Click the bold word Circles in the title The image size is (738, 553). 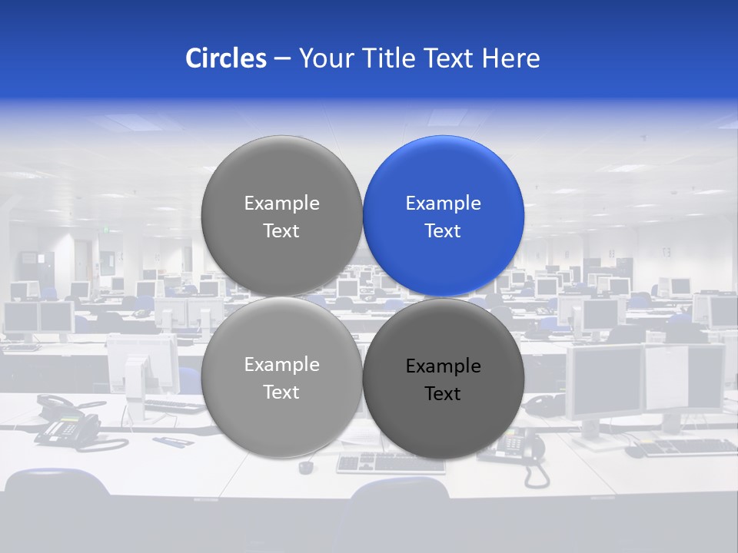point(225,58)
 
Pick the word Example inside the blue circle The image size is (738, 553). point(443,204)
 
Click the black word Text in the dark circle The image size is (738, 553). point(443,394)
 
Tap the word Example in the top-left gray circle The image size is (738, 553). point(281,204)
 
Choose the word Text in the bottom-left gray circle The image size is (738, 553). point(281,392)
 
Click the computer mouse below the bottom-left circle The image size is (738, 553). point(306,466)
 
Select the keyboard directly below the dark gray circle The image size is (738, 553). point(391,462)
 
